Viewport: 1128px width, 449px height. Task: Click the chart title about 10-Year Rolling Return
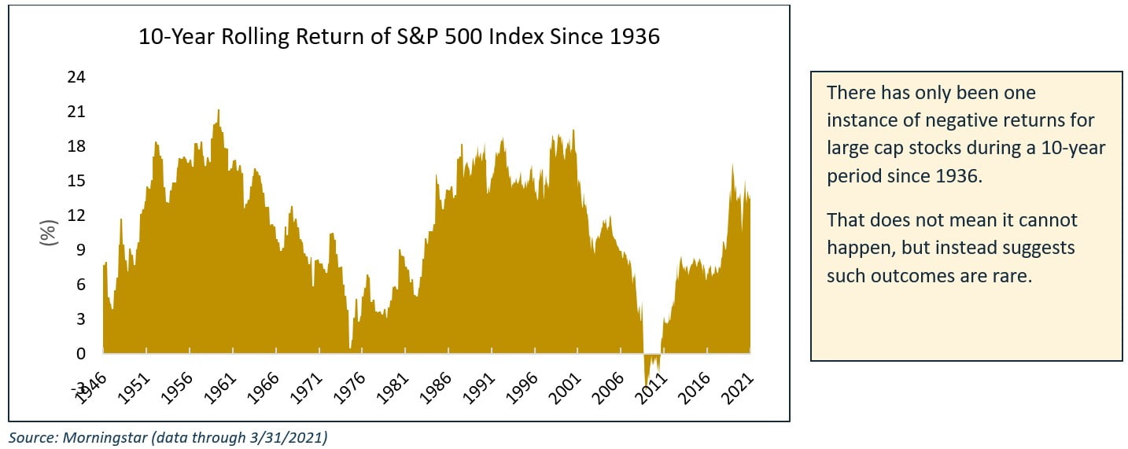click(399, 37)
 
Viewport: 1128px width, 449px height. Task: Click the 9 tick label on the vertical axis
click(79, 250)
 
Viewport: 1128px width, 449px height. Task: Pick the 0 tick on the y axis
click(79, 354)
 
